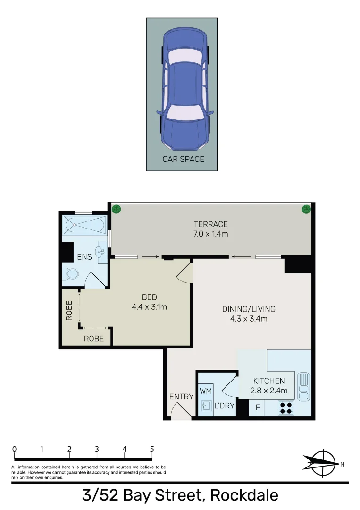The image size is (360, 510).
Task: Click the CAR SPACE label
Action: point(183,159)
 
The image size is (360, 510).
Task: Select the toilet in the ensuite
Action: point(70,274)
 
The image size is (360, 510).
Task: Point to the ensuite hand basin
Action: point(101,252)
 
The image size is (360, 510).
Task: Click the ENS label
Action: point(84,257)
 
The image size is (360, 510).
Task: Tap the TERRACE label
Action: point(210,224)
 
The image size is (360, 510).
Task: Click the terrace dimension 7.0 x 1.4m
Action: point(210,234)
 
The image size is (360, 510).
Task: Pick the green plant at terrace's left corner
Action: point(115,208)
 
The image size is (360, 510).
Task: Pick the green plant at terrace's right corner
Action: point(306,208)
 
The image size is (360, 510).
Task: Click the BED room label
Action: point(150,297)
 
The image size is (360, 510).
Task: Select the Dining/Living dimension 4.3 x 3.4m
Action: point(249,319)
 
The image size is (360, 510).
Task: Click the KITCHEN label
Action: point(269,381)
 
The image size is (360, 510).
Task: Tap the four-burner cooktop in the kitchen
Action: point(285,408)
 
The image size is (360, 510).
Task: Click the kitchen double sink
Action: point(303,384)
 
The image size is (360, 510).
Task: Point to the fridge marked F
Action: point(258,408)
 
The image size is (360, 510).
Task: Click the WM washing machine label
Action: point(206,391)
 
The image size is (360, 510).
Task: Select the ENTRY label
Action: point(181,397)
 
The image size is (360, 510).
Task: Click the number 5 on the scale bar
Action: point(151,449)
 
